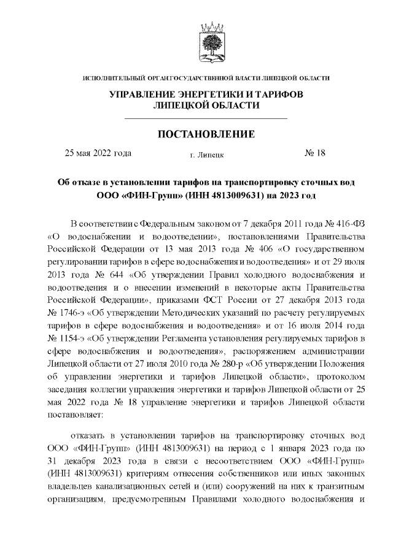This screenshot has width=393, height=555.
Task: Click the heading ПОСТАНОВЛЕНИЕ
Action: (206, 134)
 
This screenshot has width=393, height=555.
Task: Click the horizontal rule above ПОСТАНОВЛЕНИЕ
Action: (206, 118)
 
